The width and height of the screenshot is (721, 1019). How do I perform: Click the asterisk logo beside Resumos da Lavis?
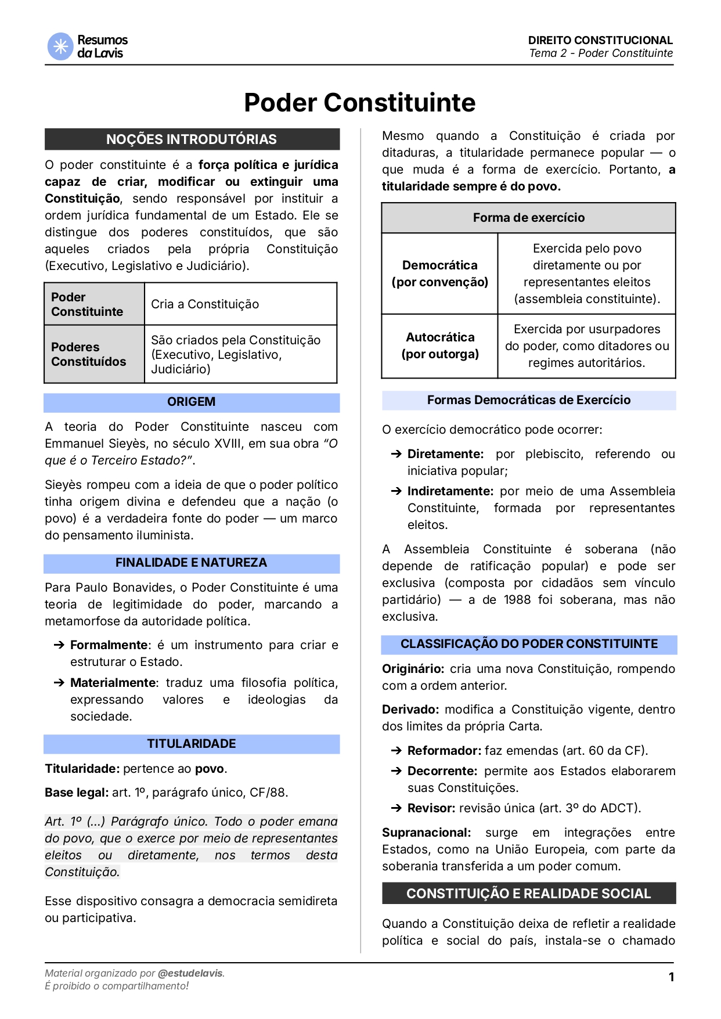(60, 46)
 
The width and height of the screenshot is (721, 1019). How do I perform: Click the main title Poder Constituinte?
(359, 103)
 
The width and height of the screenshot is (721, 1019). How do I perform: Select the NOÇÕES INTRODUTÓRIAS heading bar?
(192, 139)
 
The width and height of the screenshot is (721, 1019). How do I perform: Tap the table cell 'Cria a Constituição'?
(205, 304)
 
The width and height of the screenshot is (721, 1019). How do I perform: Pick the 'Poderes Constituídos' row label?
(88, 354)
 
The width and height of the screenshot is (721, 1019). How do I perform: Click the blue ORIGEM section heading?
(192, 402)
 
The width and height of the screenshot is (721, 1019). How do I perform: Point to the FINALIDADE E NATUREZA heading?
(192, 563)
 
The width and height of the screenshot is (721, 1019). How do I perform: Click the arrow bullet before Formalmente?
(59, 645)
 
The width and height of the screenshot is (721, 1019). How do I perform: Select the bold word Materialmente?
(113, 683)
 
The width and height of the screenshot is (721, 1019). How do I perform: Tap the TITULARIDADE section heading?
(192, 744)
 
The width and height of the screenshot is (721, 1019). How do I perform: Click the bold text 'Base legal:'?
(77, 793)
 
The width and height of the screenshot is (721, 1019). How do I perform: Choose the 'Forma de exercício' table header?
(528, 218)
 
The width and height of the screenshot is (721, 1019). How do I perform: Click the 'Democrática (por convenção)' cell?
(439, 273)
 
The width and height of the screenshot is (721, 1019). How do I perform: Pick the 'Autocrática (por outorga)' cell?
(439, 345)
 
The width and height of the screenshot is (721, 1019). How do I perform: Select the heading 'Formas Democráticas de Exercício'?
(528, 400)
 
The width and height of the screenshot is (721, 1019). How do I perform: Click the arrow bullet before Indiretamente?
(396, 491)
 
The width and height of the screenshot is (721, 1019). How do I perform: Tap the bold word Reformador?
(443, 751)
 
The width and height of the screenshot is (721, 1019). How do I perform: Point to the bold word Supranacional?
(426, 833)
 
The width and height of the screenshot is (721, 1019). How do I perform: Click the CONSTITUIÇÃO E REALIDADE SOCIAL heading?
(528, 894)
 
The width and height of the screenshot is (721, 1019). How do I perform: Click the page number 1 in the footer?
(671, 977)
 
